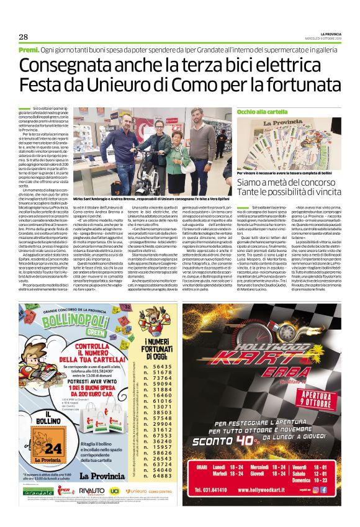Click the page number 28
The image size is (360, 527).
[x=23, y=37]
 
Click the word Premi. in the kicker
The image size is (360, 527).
[x=29, y=49]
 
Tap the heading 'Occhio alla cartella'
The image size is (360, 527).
[x=258, y=111]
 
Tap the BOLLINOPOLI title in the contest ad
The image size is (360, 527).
[x=72, y=325]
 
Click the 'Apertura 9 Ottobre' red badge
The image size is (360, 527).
[x=314, y=395]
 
